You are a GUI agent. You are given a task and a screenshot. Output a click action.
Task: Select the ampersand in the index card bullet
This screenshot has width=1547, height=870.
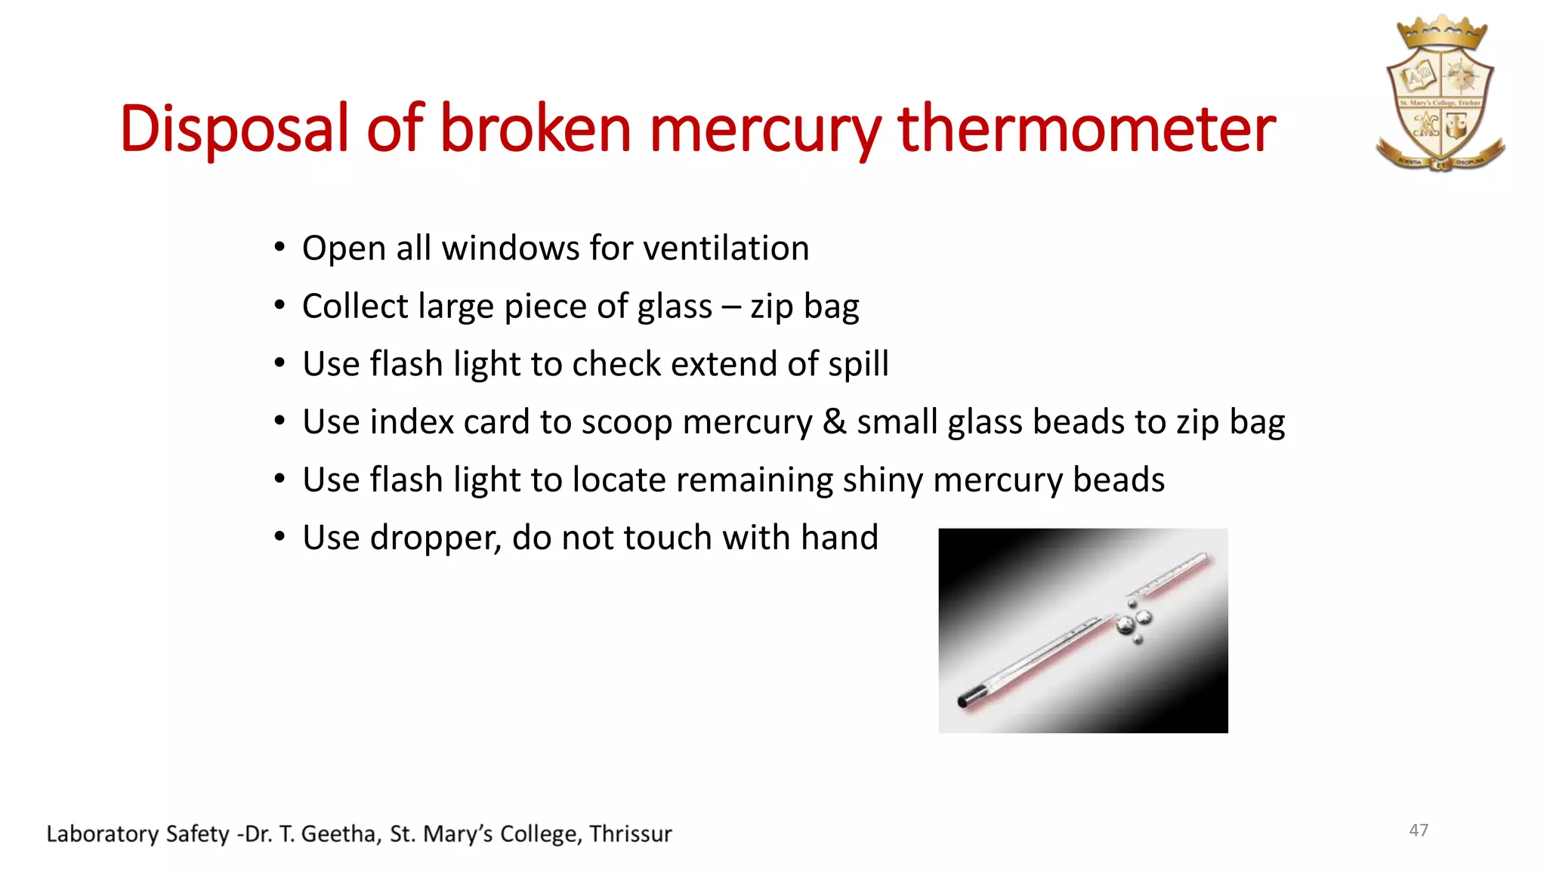[834, 421]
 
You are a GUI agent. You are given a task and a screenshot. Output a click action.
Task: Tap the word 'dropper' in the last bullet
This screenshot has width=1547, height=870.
[434, 538]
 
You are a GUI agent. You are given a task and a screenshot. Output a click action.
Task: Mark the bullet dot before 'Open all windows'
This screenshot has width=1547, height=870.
[279, 247]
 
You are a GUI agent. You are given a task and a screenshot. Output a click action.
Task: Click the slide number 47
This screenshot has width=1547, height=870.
[1419, 830]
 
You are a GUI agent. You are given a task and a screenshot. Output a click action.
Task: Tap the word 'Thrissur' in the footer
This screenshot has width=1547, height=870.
[631, 834]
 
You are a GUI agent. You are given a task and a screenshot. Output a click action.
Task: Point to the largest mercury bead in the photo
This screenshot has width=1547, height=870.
[1125, 625]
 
